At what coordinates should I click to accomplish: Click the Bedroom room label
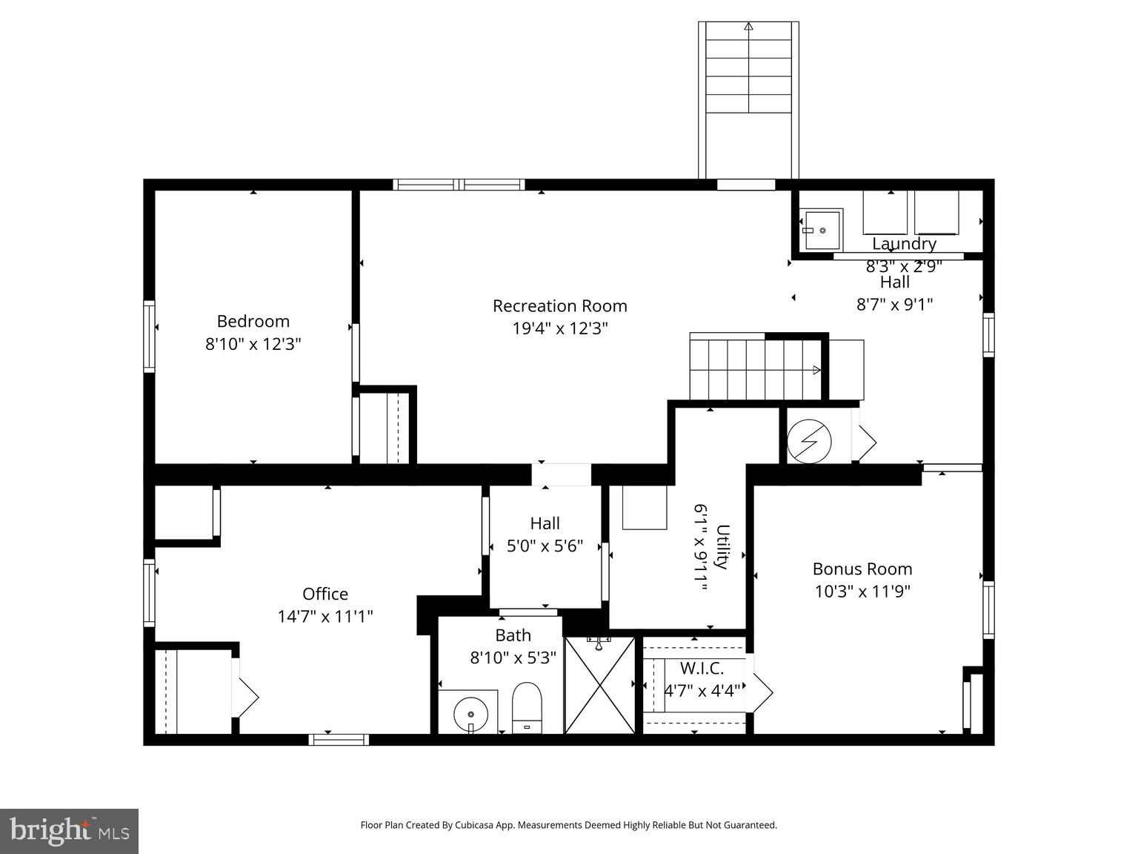[253, 321]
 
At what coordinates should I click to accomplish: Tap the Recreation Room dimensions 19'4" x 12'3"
[560, 328]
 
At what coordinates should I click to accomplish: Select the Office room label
[325, 594]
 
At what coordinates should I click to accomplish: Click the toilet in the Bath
[527, 706]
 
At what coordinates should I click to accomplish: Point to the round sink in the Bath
[469, 712]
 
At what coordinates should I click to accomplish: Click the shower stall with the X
[599, 685]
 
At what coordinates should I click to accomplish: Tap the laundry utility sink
[821, 231]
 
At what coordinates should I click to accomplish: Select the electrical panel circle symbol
[808, 442]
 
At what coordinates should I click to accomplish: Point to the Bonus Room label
[862, 569]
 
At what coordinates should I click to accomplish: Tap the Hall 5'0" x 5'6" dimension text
[545, 546]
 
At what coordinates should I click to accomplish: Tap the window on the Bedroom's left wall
[149, 336]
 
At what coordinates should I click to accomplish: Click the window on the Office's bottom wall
[339, 739]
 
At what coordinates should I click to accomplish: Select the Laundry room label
[904, 243]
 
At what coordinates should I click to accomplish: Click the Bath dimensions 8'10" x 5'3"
[513, 658]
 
